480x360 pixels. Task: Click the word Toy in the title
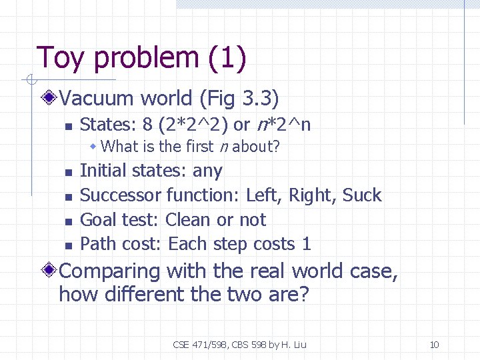(61, 58)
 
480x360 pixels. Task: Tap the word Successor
(120, 195)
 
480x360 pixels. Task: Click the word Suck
(362, 195)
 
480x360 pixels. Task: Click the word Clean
(188, 220)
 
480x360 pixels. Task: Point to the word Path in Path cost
(97, 244)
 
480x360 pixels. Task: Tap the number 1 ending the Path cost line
(306, 244)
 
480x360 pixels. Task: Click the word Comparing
(110, 271)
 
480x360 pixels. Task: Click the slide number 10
(434, 345)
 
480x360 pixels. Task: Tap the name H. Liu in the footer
(293, 345)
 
